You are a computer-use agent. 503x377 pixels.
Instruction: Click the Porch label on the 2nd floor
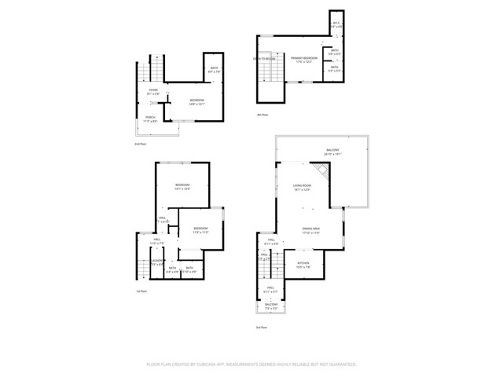coord(149,119)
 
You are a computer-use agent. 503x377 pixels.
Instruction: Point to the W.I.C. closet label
coord(336,24)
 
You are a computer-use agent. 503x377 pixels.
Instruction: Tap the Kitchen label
coord(303,265)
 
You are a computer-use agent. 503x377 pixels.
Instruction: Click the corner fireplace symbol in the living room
coord(321,173)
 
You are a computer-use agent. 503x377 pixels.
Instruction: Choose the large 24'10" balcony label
coord(333,152)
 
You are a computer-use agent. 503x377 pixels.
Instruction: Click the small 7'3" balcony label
coord(270,307)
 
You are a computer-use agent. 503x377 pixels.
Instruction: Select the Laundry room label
coord(158,262)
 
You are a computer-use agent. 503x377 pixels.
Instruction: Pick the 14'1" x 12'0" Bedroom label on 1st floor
coord(182,187)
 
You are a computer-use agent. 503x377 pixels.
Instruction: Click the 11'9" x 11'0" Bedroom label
coord(201,230)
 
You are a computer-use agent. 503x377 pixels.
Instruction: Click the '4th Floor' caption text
coord(263,115)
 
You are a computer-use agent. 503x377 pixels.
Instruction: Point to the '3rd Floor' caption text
coord(261,327)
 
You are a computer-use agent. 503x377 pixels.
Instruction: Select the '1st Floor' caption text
coord(142,291)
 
